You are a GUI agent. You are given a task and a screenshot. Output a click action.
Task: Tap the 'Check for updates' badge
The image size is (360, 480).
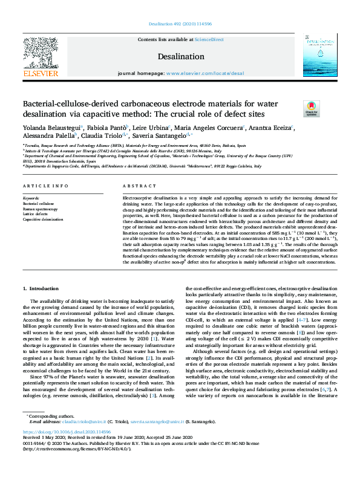311,109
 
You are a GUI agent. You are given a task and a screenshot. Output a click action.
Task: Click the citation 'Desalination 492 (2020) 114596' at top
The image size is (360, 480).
180,24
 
